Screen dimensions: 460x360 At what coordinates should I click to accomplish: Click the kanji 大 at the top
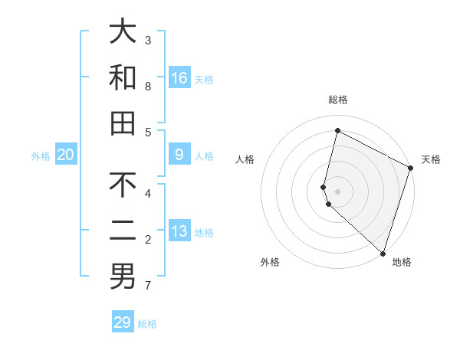123,31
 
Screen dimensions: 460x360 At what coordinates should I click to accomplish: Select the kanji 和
123,77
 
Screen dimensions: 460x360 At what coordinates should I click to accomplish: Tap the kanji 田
123,123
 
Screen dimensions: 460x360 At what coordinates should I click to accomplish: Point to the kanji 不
123,185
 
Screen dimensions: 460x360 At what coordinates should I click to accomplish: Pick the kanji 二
123,231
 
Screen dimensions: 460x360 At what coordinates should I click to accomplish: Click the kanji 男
123,277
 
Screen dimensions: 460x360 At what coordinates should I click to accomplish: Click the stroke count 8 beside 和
148,87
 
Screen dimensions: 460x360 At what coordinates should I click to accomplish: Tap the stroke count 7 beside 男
148,286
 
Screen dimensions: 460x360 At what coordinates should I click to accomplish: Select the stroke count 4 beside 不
148,194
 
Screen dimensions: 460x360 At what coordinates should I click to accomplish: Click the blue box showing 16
179,77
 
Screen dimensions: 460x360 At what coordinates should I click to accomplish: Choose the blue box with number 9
179,155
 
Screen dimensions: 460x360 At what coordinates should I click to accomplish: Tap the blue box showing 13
179,231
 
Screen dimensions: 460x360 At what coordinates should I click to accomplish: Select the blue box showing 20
66,155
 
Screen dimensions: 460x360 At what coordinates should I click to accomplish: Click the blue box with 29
123,322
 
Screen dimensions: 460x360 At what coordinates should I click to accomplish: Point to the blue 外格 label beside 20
41,156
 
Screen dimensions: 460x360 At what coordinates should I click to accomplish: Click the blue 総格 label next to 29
148,324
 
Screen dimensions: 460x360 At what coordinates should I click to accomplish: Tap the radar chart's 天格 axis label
431,159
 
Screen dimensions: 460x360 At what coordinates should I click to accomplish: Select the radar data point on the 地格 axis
383,253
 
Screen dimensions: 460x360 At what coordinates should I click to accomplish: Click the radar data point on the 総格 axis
337,130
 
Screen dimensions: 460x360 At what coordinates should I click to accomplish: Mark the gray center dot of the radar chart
337,191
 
